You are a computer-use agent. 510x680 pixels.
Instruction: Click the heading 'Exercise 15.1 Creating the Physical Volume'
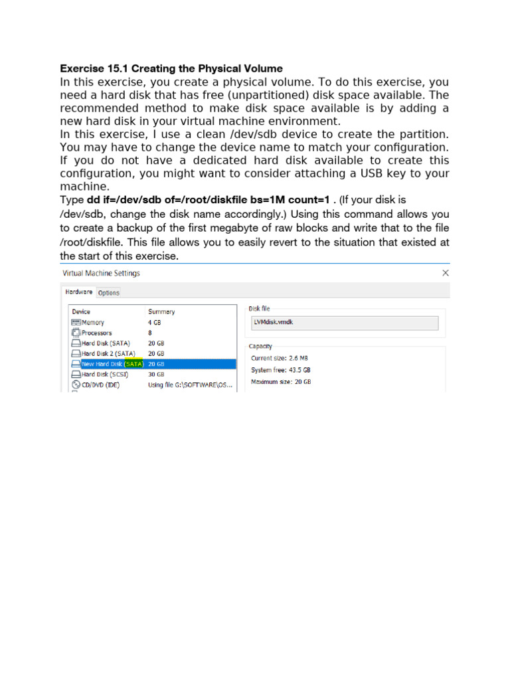[171, 68]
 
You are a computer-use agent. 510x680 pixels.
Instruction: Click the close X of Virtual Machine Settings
[446, 273]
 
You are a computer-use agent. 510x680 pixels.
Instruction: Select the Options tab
[109, 292]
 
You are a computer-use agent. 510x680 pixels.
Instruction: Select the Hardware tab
[78, 292]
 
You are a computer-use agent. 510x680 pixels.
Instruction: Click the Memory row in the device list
[93, 322]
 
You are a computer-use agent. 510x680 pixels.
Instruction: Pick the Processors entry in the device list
[96, 333]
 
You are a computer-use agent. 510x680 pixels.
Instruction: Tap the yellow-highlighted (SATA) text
[134, 364]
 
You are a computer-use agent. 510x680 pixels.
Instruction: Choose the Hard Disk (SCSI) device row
[104, 374]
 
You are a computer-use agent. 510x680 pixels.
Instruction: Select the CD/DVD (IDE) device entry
[100, 384]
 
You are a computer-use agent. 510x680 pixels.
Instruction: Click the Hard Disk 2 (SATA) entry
[108, 353]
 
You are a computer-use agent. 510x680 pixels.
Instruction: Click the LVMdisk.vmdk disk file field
[343, 323]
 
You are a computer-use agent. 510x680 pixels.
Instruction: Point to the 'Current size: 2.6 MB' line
[280, 359]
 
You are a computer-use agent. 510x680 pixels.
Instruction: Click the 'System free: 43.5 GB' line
[281, 370]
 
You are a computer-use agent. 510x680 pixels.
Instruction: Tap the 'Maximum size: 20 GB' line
[281, 382]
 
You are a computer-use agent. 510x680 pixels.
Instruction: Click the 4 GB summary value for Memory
[154, 322]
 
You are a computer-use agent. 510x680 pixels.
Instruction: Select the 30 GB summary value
[156, 374]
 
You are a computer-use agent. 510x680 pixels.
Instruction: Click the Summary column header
[161, 311]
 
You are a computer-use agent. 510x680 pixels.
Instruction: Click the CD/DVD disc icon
[76, 384]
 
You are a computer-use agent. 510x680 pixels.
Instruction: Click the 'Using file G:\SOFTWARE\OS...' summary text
[190, 384]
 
